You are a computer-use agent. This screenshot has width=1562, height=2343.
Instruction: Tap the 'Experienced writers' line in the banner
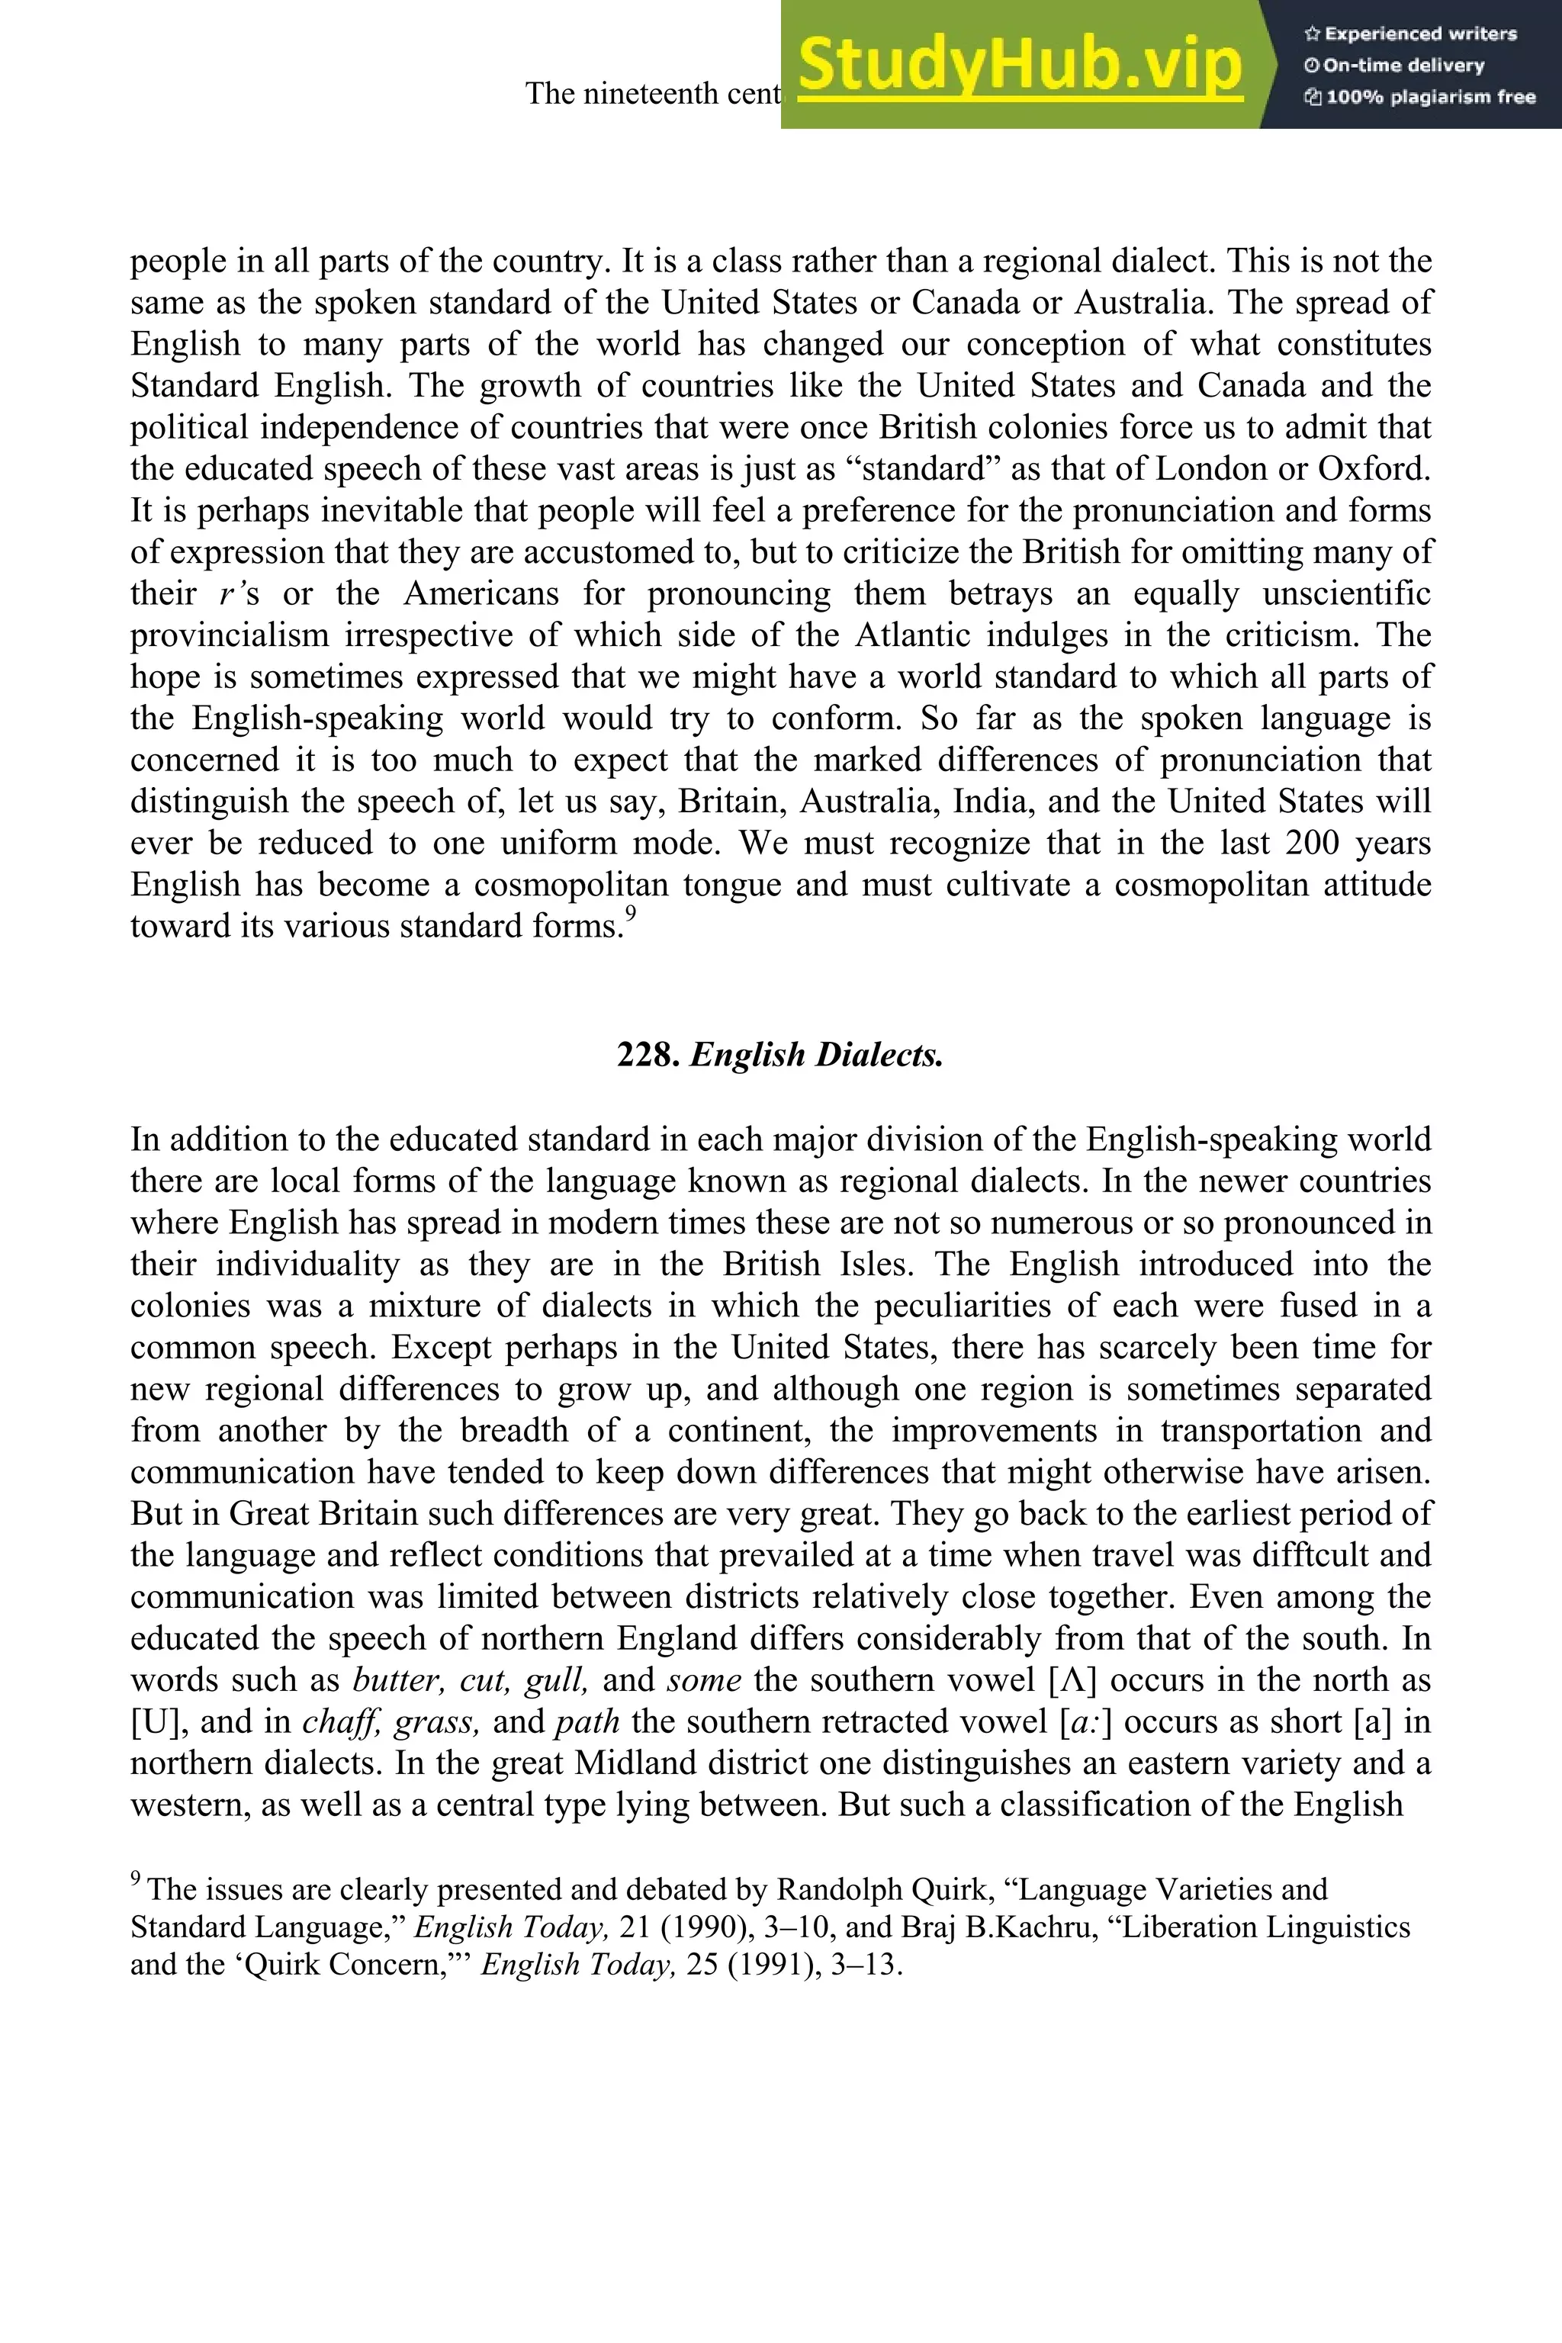[1410, 34]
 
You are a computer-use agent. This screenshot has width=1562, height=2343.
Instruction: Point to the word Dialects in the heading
[879, 1054]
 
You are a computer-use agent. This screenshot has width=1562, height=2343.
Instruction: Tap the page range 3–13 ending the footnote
[865, 1965]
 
